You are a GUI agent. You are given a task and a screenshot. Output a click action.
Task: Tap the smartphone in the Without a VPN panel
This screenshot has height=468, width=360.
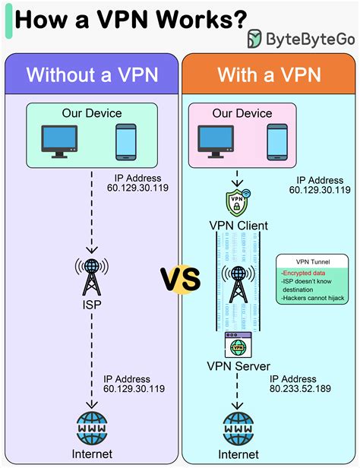125,142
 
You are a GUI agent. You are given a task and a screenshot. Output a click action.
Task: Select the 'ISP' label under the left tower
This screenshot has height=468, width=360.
90,305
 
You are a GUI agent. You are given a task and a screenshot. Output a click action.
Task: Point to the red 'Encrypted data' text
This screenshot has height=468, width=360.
302,271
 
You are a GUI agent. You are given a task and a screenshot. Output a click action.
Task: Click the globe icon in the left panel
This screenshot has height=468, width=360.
90,428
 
